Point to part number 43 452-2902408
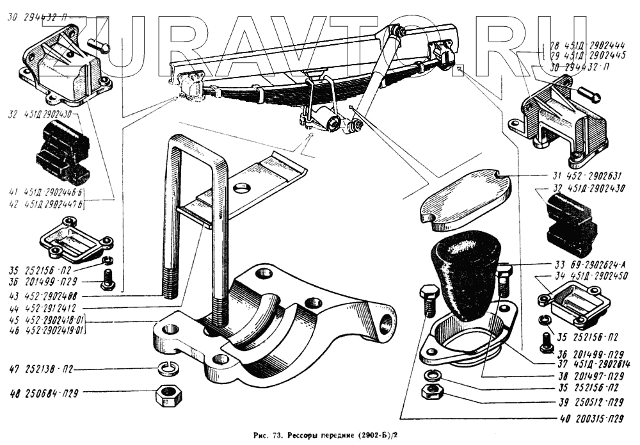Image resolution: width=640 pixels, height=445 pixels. click(44, 296)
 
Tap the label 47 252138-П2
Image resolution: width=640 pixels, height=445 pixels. click(42, 369)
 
